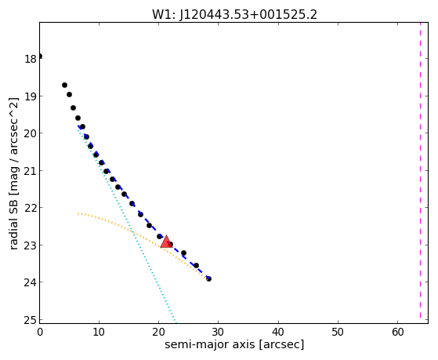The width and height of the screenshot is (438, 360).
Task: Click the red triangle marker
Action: (166, 242)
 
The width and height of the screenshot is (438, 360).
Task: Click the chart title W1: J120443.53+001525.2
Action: (234, 15)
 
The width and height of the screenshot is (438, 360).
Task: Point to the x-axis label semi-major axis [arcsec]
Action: (234, 344)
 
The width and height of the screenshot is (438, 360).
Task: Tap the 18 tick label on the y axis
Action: (31, 59)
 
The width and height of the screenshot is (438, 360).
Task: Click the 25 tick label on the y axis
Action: (31, 320)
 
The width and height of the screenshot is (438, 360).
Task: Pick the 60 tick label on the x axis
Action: (398, 333)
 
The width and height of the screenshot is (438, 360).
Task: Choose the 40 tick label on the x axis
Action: (278, 333)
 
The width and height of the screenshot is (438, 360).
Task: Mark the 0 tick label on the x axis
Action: (40, 333)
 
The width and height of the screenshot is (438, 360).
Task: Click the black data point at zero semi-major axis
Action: (40, 56)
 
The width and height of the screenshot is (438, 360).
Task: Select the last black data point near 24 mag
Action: (208, 278)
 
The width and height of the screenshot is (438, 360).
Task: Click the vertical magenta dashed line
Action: (420, 170)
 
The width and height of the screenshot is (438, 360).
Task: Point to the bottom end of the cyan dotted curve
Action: (176, 322)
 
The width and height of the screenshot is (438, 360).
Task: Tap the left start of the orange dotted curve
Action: (78, 213)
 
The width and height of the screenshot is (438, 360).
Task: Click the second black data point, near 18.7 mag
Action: (64, 85)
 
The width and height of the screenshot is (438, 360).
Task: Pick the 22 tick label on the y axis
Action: (31, 208)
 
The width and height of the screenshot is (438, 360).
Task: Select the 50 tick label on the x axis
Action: (338, 333)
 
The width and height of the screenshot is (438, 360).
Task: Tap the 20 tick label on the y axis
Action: (31, 133)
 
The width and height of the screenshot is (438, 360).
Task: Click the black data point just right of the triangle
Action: (170, 244)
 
